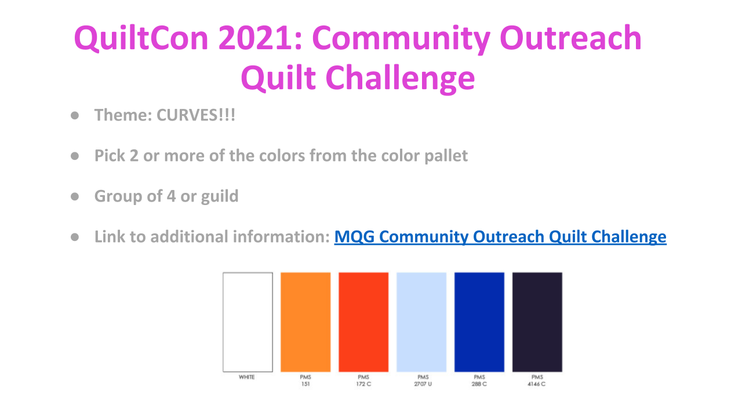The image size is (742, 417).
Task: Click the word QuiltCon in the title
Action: click(141, 38)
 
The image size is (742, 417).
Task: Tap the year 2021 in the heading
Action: click(260, 38)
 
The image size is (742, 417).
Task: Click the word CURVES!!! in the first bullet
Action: click(196, 115)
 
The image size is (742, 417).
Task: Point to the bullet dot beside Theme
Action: click(75, 115)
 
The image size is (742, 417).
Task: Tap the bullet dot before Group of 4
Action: click(75, 196)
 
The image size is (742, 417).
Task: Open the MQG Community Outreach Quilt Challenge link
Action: click(500, 237)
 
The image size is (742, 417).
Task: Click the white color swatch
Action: click(248, 322)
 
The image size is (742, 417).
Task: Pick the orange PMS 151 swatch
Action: click(305, 322)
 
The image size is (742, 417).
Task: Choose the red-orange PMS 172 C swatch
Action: click(363, 322)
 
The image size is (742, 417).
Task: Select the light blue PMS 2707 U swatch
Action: click(421, 322)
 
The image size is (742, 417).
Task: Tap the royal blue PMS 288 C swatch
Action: click(479, 322)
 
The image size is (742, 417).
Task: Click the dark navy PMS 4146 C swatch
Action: click(537, 322)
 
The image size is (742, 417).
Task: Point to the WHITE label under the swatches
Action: click(247, 377)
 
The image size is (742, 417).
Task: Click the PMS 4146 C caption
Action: click(537, 381)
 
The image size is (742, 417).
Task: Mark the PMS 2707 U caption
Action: click(423, 381)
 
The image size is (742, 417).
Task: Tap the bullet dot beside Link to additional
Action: click(75, 237)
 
